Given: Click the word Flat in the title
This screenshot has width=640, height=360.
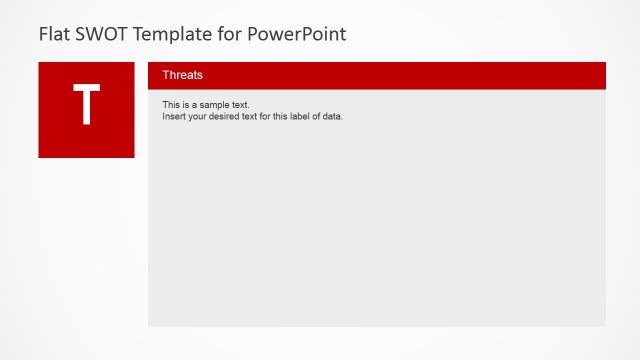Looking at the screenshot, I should (x=53, y=34).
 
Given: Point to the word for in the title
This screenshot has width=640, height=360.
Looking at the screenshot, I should (x=230, y=34).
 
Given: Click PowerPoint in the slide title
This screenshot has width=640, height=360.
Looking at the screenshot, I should (x=297, y=34).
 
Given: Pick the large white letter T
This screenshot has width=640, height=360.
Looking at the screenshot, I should (x=87, y=105).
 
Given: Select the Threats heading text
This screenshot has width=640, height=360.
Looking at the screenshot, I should (x=183, y=75).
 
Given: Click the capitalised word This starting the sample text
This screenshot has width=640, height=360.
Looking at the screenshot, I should (x=171, y=105).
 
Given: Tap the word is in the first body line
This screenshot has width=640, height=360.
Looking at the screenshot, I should (x=186, y=105).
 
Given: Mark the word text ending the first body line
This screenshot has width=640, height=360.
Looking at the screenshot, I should (x=240, y=105).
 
